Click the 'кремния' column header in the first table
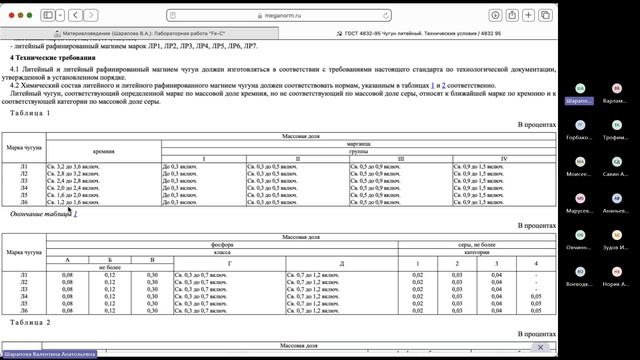(x=104, y=151)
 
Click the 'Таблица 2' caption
(x=23, y=323)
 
